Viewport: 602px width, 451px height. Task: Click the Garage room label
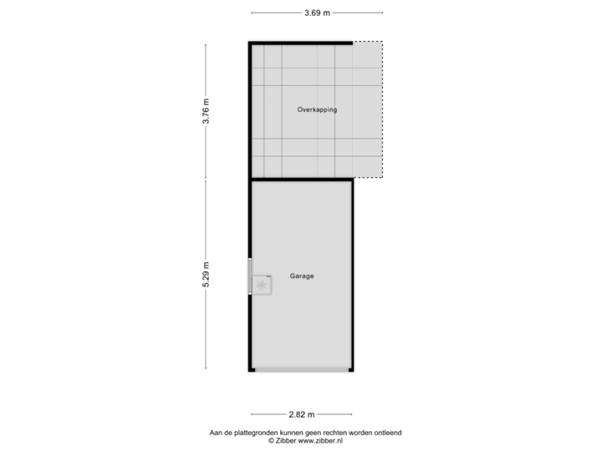(302, 276)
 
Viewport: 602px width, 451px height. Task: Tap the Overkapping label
(317, 109)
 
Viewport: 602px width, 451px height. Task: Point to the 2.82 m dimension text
(301, 414)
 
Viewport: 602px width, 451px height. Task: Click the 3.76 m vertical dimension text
(207, 111)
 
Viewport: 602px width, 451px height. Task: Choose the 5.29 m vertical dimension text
(207, 275)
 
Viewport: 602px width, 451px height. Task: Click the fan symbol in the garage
(263, 286)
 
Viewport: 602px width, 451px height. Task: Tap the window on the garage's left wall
(249, 276)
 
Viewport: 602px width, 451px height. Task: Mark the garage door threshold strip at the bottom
(302, 369)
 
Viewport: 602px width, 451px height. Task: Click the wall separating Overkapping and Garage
(301, 180)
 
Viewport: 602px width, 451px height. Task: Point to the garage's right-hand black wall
(354, 276)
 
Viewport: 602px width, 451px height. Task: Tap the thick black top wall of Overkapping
(299, 42)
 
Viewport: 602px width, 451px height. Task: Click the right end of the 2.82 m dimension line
(352, 414)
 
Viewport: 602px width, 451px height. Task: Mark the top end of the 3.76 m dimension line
(207, 43)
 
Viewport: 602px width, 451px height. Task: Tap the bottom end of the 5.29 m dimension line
(207, 368)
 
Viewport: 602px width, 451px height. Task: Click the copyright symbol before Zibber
(270, 440)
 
